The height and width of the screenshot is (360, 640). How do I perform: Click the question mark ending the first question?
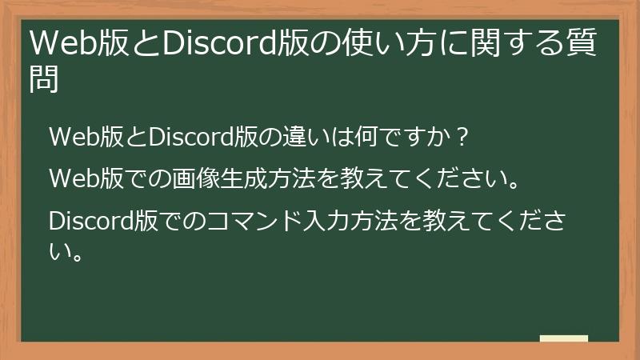[461, 138]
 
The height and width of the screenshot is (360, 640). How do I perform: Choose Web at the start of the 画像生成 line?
[70, 178]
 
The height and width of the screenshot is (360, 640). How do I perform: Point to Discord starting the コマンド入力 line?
[87, 218]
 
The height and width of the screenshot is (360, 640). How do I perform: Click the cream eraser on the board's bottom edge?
[564, 338]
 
